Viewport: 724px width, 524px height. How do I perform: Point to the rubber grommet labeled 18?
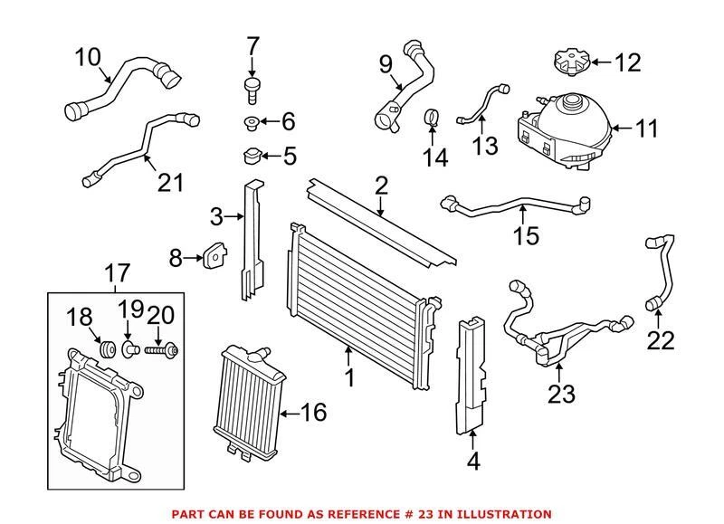[x=105, y=346]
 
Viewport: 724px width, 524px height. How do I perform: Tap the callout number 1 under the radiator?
[x=350, y=376]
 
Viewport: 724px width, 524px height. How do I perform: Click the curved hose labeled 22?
[x=659, y=272]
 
